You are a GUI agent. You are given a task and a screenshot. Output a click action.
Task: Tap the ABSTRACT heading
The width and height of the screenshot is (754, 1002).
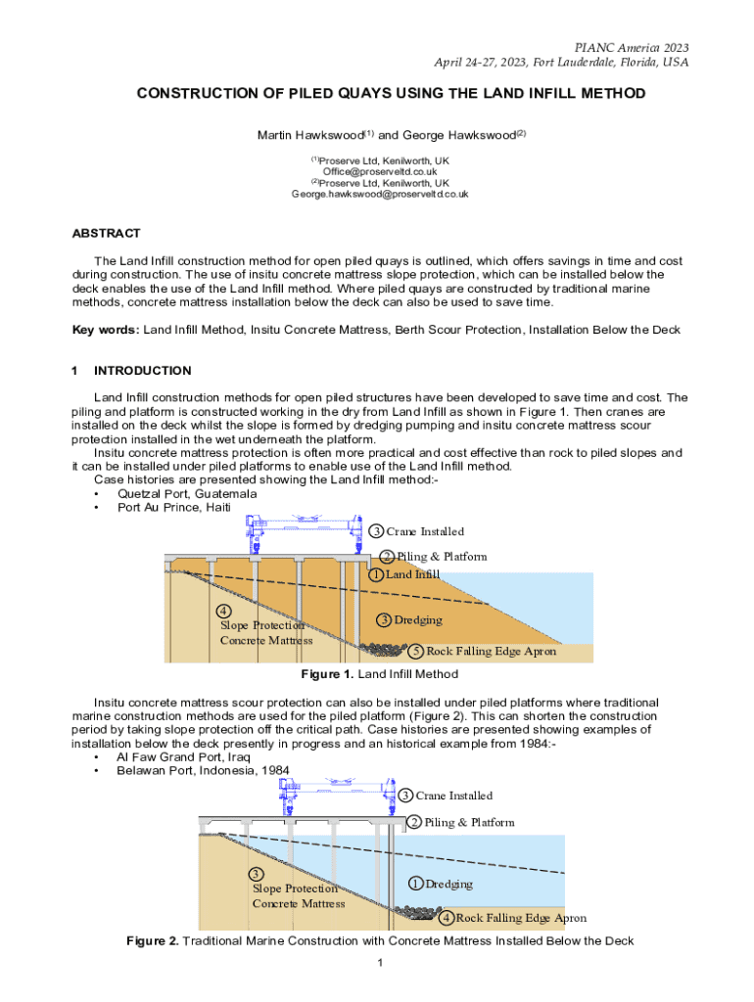click(x=107, y=234)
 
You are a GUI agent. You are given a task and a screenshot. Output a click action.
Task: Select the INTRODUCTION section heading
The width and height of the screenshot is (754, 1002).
click(x=142, y=371)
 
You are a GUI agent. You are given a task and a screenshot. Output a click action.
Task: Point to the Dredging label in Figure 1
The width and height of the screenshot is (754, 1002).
click(x=418, y=619)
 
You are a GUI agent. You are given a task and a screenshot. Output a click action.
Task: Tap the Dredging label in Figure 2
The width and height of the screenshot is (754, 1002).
click(x=448, y=884)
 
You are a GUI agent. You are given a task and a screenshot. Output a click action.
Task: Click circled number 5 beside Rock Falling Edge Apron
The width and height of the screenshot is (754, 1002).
click(x=415, y=651)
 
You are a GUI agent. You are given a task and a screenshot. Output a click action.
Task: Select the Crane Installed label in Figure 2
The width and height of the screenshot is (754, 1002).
click(x=453, y=796)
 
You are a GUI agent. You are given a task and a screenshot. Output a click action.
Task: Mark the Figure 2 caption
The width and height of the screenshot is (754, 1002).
click(x=380, y=940)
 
